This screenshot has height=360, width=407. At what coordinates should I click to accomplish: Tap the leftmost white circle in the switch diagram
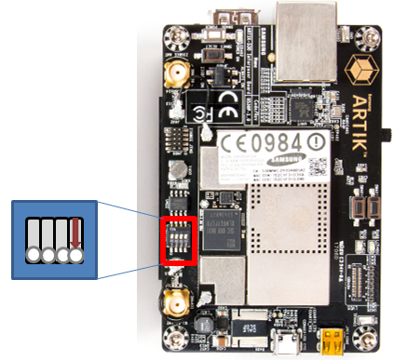point(34,255)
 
